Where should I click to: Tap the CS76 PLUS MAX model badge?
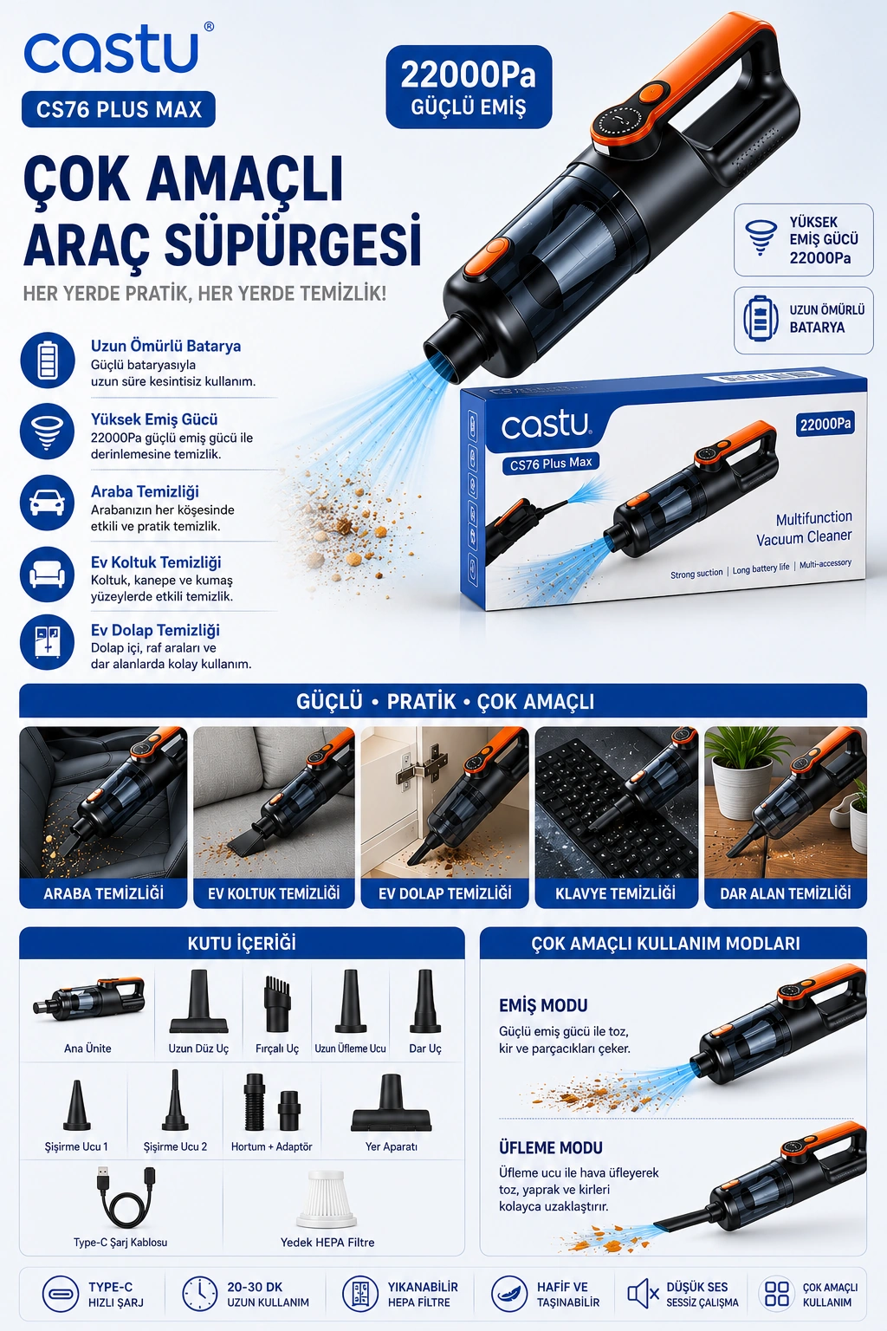(118, 109)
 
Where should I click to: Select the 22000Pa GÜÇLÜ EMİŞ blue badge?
(469, 87)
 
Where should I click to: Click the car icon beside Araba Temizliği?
(47, 503)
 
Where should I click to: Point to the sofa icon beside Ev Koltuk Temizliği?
(47, 574)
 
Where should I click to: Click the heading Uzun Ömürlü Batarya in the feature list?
(165, 347)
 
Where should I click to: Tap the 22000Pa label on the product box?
(825, 424)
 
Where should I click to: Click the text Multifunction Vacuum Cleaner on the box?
(804, 528)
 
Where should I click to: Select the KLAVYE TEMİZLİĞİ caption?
(616, 893)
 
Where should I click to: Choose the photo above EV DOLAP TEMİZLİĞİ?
(444, 802)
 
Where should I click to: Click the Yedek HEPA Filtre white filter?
(327, 1199)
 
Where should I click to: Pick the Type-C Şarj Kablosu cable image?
(124, 1197)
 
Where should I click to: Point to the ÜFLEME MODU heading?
(551, 1147)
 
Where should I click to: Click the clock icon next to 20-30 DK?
(199, 1294)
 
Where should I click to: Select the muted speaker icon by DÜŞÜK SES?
(642, 1294)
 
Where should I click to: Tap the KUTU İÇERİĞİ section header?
(242, 943)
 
